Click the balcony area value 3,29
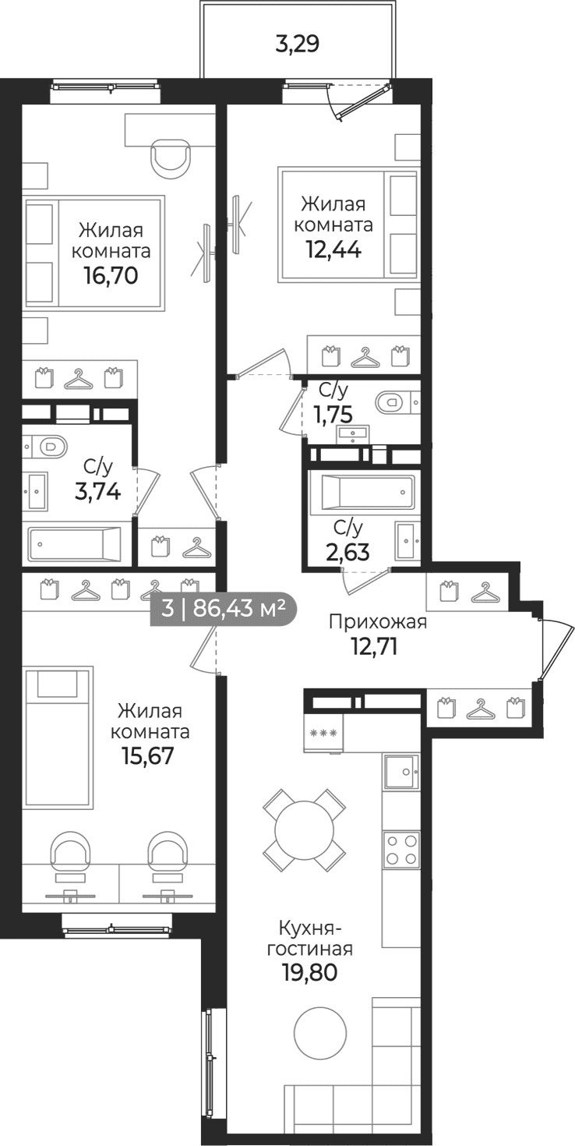point(297,44)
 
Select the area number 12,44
point(333,250)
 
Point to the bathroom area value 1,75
point(333,414)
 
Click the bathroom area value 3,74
point(97,492)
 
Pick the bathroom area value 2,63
point(347,552)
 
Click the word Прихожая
point(377,623)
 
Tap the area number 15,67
point(148,755)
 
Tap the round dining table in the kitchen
point(304,829)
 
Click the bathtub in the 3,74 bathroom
point(75,543)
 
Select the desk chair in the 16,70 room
point(171,158)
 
